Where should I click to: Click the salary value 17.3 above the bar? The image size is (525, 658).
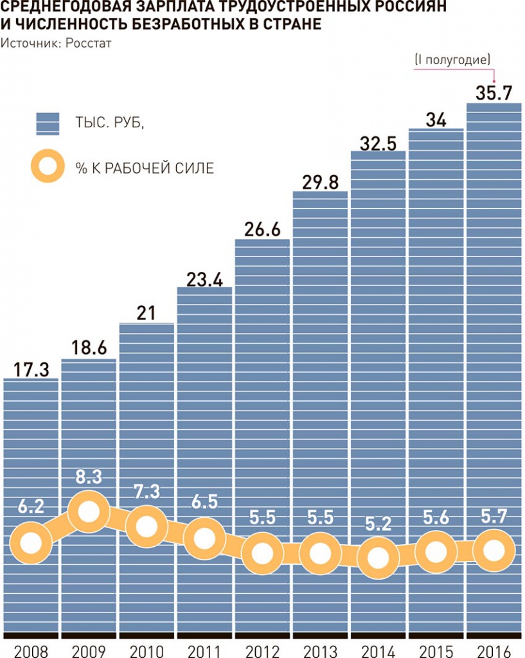coord(31,369)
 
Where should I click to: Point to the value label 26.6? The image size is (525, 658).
coord(262,229)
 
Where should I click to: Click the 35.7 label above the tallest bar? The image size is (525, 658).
coord(494,93)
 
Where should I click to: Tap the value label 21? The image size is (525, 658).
coord(146,313)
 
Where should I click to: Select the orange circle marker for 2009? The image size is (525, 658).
coord(89,512)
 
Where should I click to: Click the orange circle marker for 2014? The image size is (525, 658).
coord(378,557)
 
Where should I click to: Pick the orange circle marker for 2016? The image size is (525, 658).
coord(494,550)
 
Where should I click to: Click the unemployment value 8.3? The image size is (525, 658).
coord(89,477)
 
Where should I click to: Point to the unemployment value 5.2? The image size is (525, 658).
coord(378,524)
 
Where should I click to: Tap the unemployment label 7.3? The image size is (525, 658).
coord(147,492)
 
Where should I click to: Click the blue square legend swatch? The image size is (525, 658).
coord(48,123)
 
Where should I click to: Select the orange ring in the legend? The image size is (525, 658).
coord(48,166)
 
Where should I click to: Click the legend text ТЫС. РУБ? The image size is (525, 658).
coord(109,123)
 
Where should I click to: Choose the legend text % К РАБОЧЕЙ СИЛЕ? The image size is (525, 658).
coord(145,168)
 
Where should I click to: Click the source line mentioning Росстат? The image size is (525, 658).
coord(56,43)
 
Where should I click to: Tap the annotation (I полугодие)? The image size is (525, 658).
coord(452,60)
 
